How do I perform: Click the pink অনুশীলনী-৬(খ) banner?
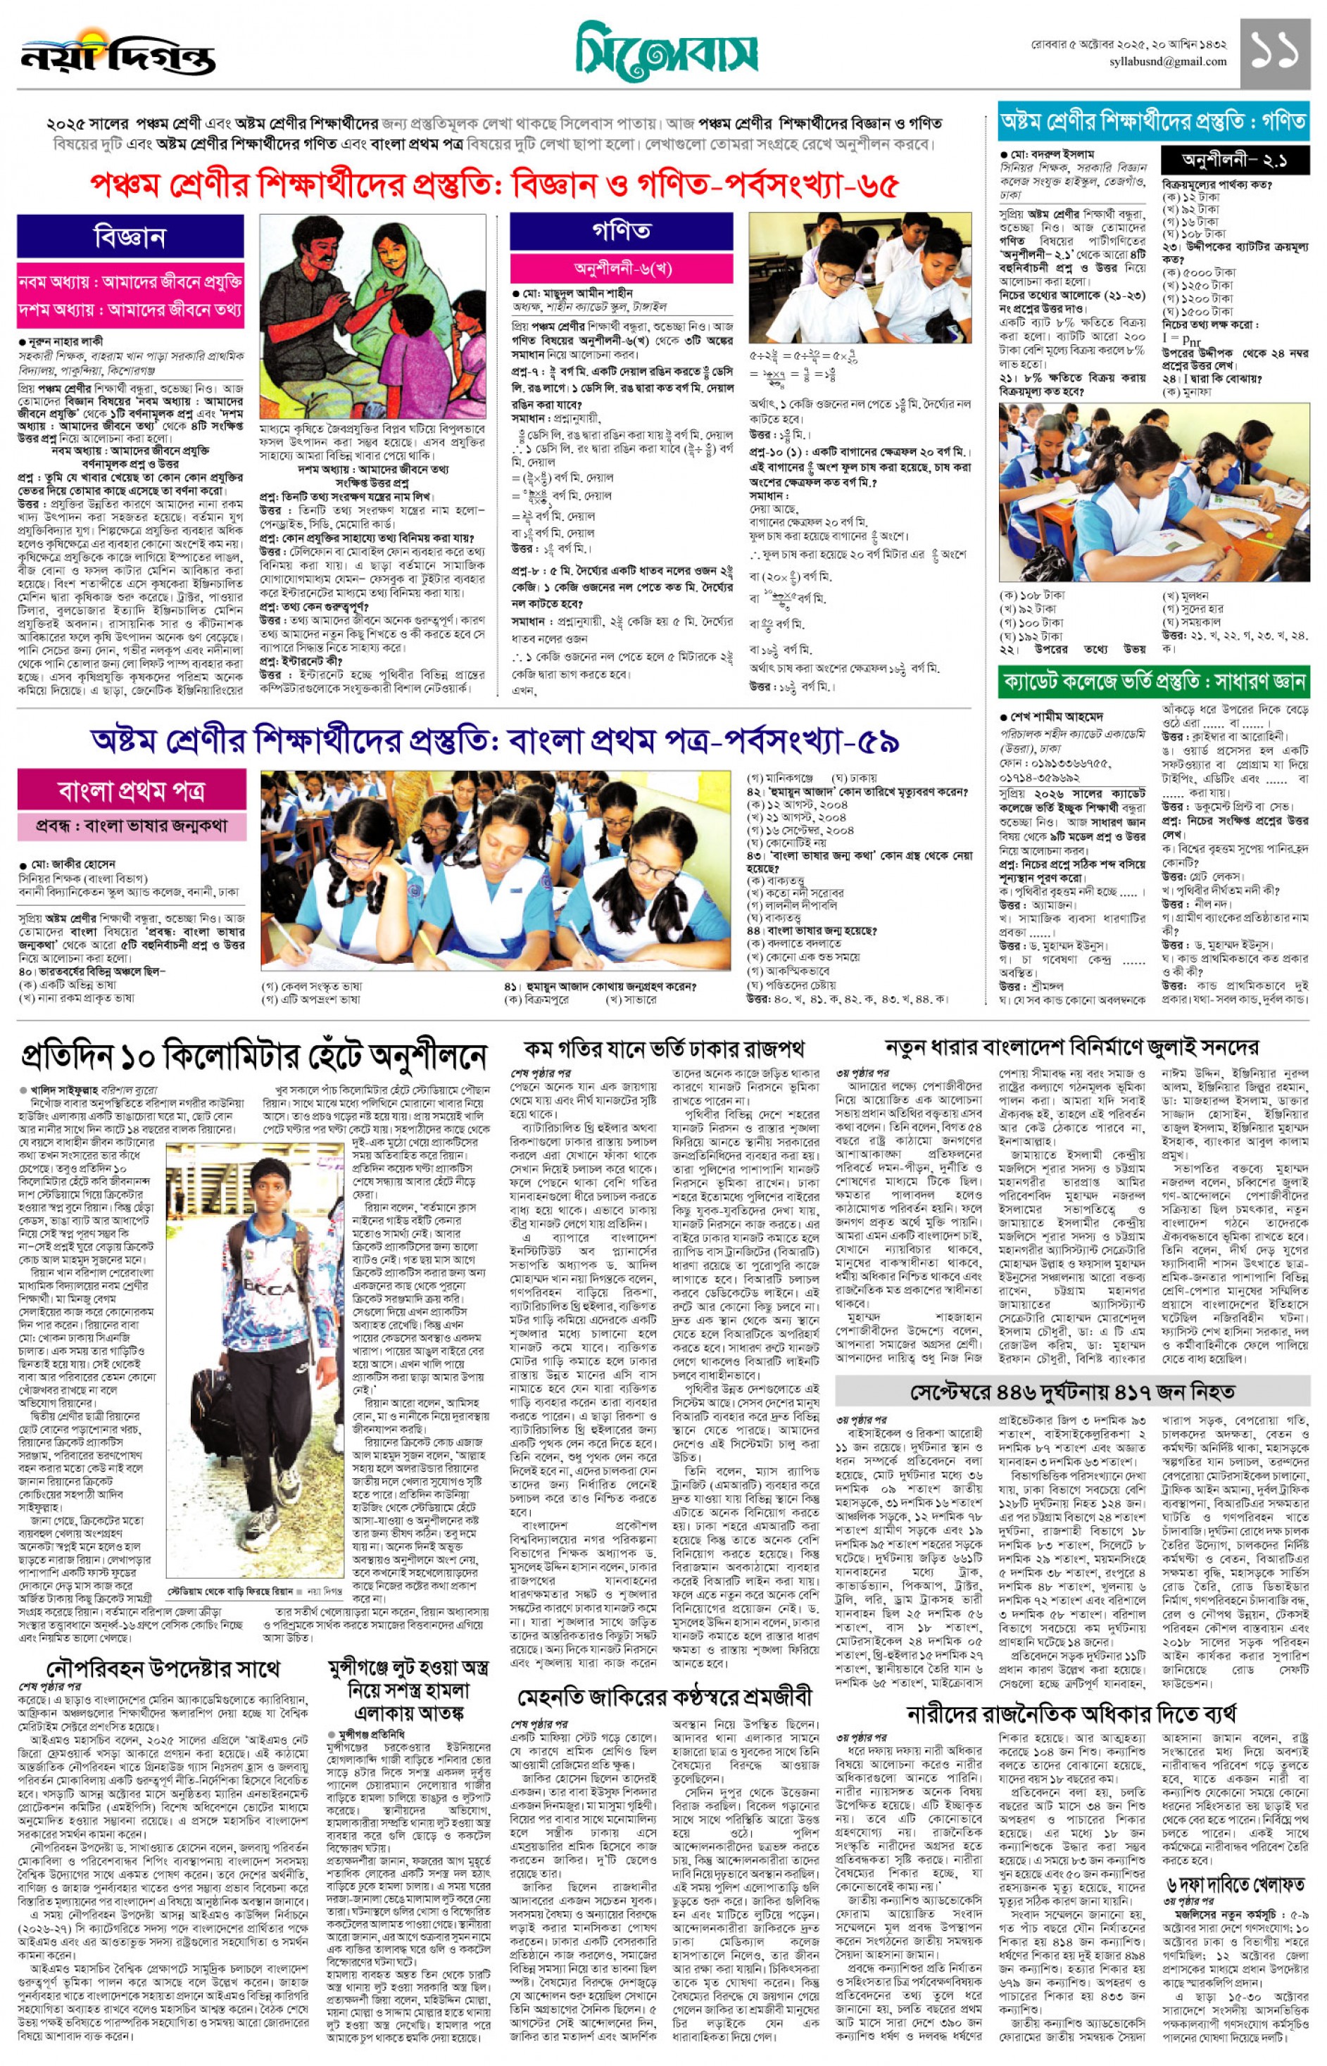pyautogui.click(x=622, y=268)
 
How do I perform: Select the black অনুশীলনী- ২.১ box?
pyautogui.click(x=1233, y=160)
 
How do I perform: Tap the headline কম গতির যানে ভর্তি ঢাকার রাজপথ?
pyautogui.click(x=665, y=1049)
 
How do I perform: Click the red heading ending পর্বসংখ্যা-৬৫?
pyautogui.click(x=495, y=185)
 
